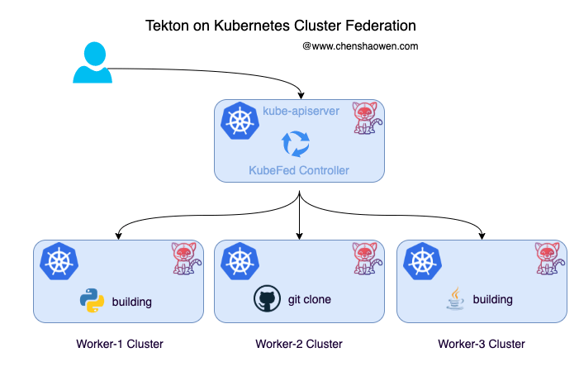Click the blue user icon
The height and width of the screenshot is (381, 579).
[93, 63]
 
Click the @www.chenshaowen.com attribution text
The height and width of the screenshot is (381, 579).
[360, 46]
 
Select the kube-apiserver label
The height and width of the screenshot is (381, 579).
[301, 111]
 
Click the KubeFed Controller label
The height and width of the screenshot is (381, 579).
[299, 170]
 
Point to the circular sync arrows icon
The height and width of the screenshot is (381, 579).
[296, 144]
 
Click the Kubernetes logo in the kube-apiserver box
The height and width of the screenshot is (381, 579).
[240, 121]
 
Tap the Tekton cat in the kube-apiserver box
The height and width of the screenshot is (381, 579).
[367, 118]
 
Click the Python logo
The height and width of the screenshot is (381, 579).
[92, 301]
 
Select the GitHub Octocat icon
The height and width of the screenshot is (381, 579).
[267, 298]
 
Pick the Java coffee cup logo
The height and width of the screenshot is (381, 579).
[455, 298]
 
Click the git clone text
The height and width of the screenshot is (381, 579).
[310, 299]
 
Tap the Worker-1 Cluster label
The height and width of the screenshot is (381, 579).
[120, 344]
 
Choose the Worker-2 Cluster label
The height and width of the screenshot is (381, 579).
[299, 344]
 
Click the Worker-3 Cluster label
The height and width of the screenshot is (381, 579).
[482, 344]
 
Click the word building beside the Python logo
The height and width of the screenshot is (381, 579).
[132, 302]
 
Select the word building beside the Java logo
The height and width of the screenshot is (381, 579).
[492, 299]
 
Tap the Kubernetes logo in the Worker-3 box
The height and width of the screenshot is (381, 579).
[422, 261]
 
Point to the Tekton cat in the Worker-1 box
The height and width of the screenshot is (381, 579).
[187, 259]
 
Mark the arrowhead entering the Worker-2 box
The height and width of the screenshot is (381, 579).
[300, 236]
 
